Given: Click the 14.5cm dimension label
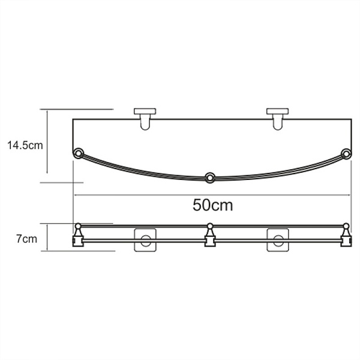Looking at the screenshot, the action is tap(25, 145).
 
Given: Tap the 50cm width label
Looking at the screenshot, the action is tap(212, 205).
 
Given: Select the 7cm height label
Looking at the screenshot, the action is tap(26, 239).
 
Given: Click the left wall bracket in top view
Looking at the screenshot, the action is tap(145, 119).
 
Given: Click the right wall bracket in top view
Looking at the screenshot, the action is tap(278, 119).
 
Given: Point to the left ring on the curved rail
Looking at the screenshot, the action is tap(78, 153).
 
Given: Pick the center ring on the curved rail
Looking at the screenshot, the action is tap(209, 178).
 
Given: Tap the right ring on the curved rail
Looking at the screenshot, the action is tap(346, 154).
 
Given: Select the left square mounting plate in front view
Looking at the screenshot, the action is tap(145, 239).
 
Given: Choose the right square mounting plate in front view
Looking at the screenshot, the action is tap(278, 239).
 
